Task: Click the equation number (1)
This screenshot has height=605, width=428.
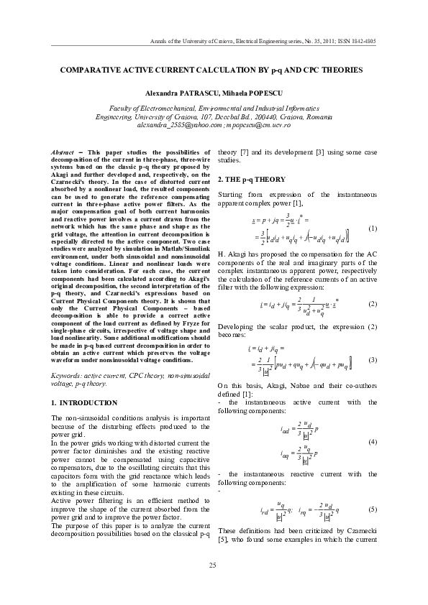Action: point(372,228)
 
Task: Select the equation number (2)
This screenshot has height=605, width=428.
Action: point(372,305)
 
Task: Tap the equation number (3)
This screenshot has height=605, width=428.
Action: point(372,359)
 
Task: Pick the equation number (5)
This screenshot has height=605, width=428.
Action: point(372,509)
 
